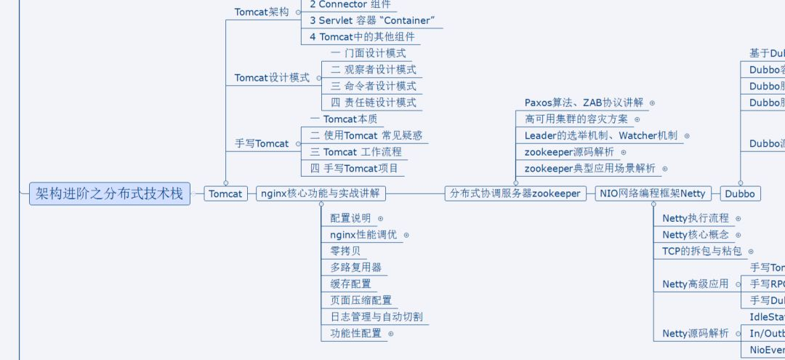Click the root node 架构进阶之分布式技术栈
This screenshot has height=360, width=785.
click(x=110, y=193)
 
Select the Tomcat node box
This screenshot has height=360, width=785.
click(x=225, y=194)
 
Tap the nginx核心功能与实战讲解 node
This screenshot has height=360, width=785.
click(x=321, y=194)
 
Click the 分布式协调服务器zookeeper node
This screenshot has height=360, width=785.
click(x=515, y=194)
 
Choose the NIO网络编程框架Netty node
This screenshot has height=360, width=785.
click(x=653, y=194)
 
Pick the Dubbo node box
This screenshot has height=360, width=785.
click(x=740, y=194)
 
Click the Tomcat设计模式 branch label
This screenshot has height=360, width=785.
click(x=272, y=78)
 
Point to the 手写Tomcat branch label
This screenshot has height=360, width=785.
click(x=261, y=144)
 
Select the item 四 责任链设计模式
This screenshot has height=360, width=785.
click(x=373, y=103)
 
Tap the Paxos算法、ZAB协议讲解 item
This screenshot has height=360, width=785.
click(x=584, y=103)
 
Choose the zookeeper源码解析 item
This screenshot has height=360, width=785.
click(x=569, y=152)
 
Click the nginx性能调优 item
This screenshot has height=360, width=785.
click(x=363, y=235)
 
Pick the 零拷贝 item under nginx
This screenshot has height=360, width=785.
click(x=345, y=251)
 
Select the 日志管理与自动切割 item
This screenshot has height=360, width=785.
click(x=376, y=317)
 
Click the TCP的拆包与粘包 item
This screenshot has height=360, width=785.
click(x=701, y=251)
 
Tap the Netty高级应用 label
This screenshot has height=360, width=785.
click(x=695, y=284)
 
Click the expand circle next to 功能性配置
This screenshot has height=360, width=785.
click(x=391, y=334)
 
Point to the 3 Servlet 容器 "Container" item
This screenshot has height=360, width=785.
click(x=372, y=20)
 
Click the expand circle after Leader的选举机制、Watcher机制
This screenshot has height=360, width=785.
click(x=687, y=136)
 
